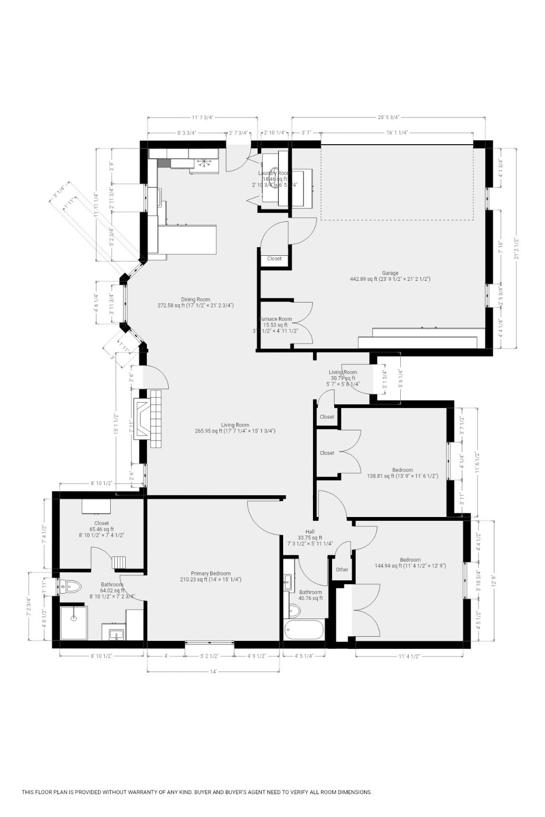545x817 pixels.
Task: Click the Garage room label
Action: click(390, 273)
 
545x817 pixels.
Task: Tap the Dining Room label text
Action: click(195, 299)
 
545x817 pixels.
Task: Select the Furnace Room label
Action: click(275, 319)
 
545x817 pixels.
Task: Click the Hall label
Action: click(310, 532)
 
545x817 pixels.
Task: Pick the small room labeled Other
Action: click(342, 570)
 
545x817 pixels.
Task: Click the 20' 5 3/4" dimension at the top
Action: click(389, 118)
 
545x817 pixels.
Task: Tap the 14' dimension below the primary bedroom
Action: click(213, 672)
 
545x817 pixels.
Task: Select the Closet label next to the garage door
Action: click(275, 259)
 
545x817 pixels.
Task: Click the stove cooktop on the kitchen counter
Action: click(205, 163)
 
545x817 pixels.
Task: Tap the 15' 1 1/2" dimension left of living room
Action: click(115, 424)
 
